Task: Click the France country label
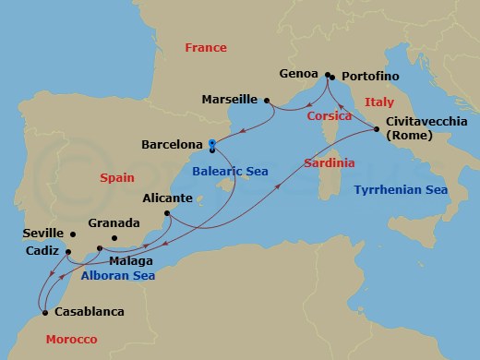pos(206,47)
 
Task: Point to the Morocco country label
pos(72,341)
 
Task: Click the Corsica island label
pos(329,116)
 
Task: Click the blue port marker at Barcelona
pos(211,144)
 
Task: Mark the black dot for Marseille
pos(266,100)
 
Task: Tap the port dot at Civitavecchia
pos(377,129)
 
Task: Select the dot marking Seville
pos(70,234)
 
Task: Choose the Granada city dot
pos(114,239)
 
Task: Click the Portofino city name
pos(369,77)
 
